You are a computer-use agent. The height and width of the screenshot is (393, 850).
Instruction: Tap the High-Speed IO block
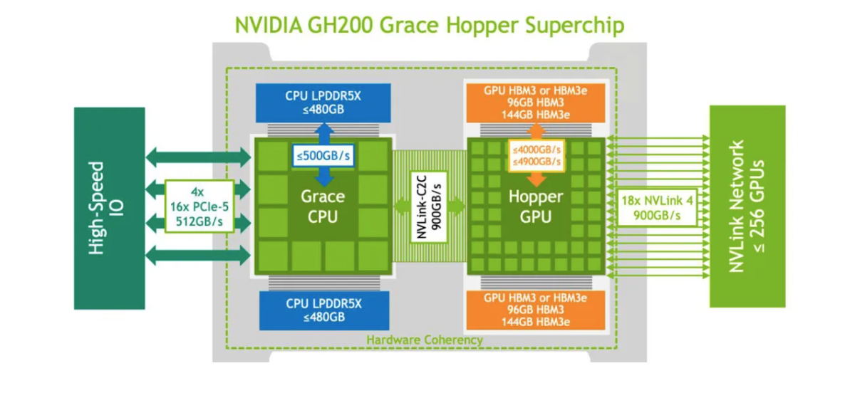pos(109,207)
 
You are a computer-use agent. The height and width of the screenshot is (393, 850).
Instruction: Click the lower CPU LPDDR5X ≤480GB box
pos(323,310)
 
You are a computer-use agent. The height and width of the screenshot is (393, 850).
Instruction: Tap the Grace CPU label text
pos(322,206)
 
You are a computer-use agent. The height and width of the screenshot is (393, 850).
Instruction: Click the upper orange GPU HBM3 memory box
pos(535,103)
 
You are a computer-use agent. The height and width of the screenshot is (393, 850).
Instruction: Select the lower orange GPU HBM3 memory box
pos(535,310)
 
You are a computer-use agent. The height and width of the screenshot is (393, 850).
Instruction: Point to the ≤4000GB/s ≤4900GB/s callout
pos(536,155)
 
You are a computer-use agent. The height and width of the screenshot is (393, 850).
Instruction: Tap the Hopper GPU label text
pos(536,206)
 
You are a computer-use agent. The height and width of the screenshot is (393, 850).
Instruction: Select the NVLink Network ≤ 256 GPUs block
pos(747,206)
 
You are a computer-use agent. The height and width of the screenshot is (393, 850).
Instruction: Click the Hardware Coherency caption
pos(425,340)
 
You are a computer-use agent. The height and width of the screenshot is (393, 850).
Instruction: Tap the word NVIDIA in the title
pos(267,26)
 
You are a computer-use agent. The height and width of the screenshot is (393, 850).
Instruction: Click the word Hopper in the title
pos(477,26)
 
